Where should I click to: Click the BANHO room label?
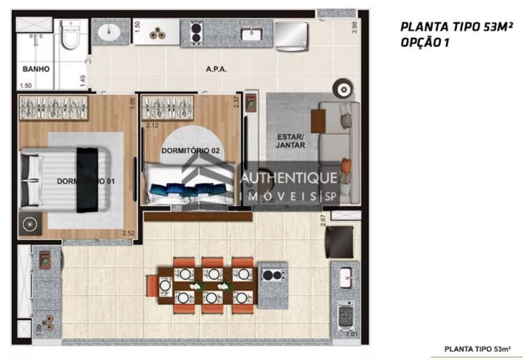click(36, 69)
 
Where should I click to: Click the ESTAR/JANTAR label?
click(290, 141)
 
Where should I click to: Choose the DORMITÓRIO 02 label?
click(190, 151)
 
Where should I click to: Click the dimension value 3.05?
click(132, 104)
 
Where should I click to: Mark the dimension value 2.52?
click(129, 233)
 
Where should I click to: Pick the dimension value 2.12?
click(152, 125)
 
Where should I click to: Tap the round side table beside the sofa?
click(344, 89)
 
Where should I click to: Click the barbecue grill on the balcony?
click(345, 316)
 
